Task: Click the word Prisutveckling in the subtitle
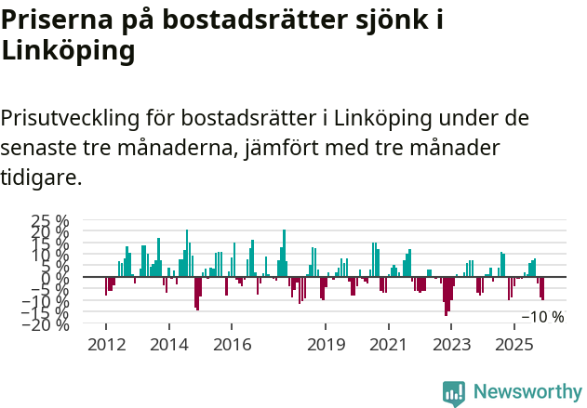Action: pos(70,119)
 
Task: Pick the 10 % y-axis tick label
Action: pos(50,254)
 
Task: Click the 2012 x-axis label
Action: pos(105,345)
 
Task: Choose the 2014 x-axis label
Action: pos(168,345)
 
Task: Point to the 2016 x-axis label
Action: pos(231,345)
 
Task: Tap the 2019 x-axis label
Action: pos(325,345)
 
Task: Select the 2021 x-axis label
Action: pos(387,345)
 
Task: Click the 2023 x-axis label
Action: pos(450,345)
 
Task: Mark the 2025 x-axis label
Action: pos(513,345)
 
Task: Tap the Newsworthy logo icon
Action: pos(454,393)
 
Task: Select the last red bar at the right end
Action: pos(543,289)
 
